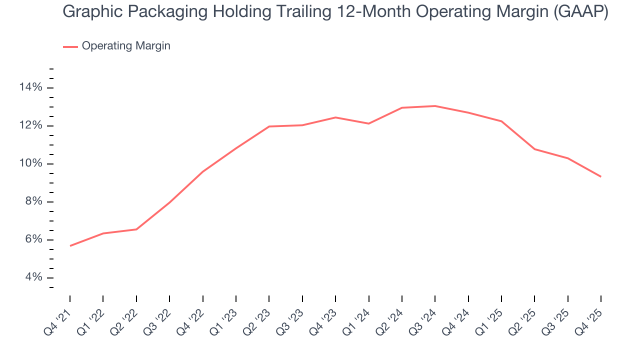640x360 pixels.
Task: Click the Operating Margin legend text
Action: point(126,46)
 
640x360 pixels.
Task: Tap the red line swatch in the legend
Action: point(70,46)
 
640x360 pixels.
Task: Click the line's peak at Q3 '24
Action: point(435,106)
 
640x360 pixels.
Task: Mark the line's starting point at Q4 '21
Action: point(70,246)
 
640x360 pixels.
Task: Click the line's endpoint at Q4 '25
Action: point(600,176)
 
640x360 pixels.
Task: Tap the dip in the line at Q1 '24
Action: point(368,123)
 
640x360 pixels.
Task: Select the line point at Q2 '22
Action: point(136,229)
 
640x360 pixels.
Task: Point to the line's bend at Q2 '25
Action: point(534,149)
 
